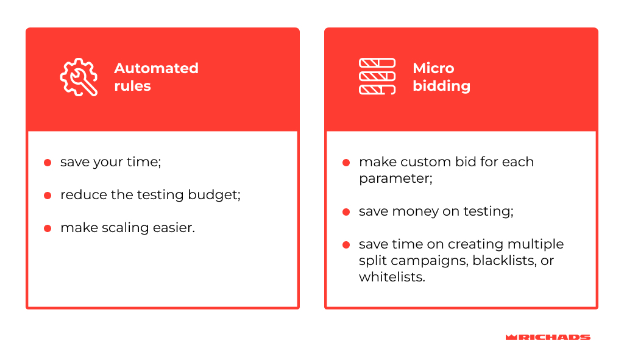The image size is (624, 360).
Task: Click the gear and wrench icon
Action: (79, 77)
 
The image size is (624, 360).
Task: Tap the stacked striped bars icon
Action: (377, 76)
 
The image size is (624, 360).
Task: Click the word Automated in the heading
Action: (157, 68)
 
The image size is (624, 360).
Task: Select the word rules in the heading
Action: (132, 86)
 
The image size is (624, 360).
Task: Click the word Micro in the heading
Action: (433, 68)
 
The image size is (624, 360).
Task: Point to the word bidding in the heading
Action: (441, 86)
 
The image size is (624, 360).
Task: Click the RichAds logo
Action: (548, 337)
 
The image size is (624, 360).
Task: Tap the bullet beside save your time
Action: (48, 162)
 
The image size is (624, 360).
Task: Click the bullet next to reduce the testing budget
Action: (48, 196)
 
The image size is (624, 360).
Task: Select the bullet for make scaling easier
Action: (48, 228)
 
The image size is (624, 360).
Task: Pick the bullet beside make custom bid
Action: (346, 162)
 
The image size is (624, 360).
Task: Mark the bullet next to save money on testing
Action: (346, 211)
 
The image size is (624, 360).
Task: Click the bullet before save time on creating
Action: (346, 245)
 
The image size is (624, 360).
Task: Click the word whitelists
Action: (392, 277)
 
